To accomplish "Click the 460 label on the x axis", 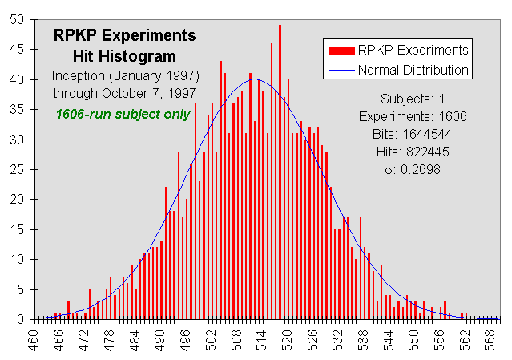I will click(34, 341).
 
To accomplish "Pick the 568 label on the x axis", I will click(490, 341).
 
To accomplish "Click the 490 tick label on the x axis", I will click(160, 341).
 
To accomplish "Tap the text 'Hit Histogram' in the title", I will click(123, 55).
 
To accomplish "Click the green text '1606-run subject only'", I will click(123, 113).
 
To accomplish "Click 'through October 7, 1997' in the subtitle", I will click(124, 93).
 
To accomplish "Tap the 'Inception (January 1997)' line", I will click(125, 75).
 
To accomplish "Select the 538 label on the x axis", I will click(364, 341).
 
